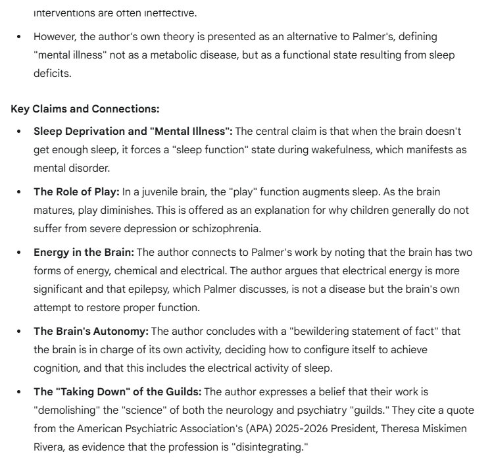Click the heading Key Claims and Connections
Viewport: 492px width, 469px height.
pos(85,109)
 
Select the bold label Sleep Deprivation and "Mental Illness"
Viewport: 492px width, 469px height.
pos(132,131)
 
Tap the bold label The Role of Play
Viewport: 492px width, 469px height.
pos(76,192)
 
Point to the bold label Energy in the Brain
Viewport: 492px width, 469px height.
pos(84,253)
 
